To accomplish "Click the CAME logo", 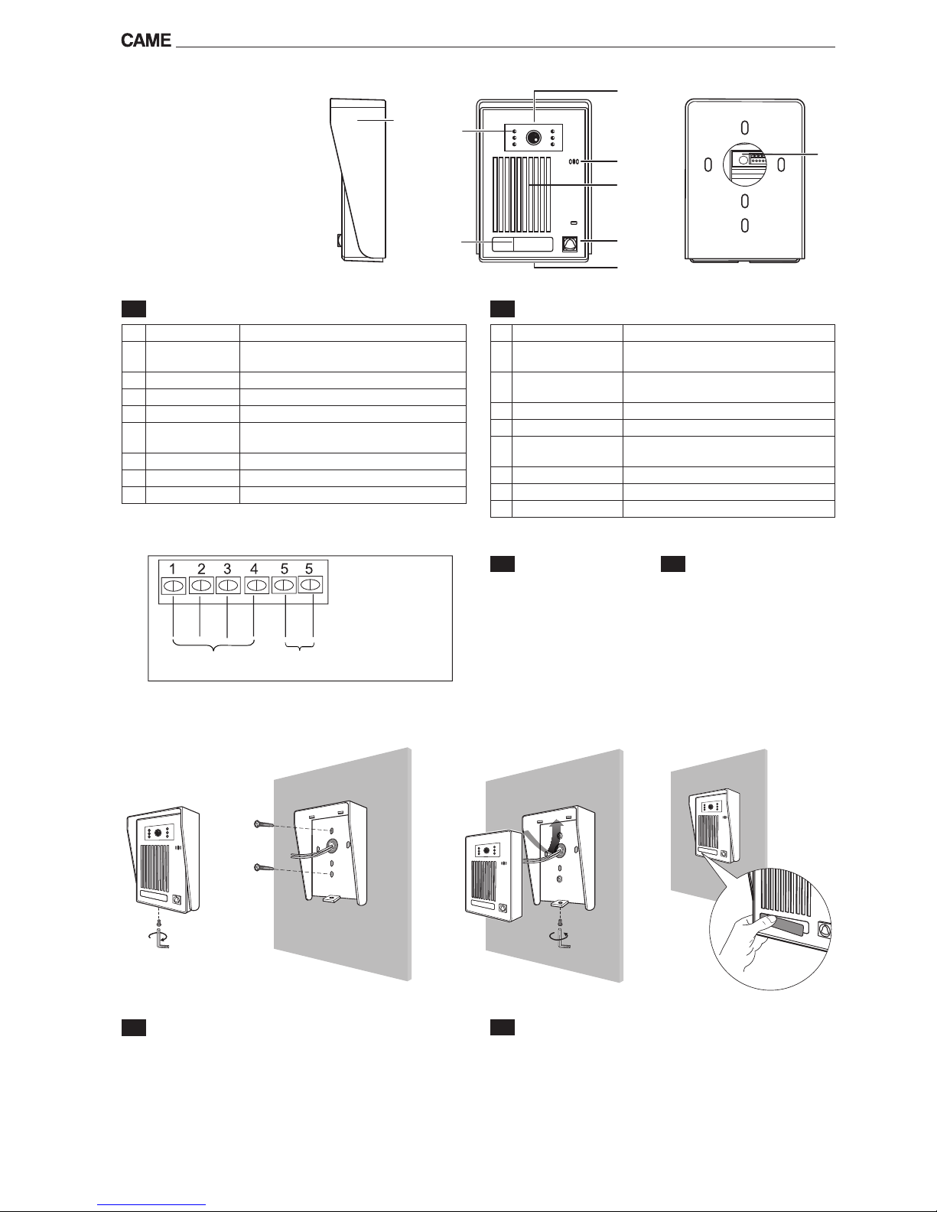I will click(145, 41).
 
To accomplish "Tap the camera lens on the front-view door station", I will click(533, 138).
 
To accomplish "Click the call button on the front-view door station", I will click(570, 243).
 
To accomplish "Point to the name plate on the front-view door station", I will click(522, 245).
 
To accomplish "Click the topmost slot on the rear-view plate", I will click(744, 127).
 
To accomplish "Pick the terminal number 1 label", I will click(174, 569).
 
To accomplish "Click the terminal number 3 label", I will click(227, 569).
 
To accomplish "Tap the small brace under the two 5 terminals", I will click(300, 648).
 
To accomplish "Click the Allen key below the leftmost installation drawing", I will click(161, 941).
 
